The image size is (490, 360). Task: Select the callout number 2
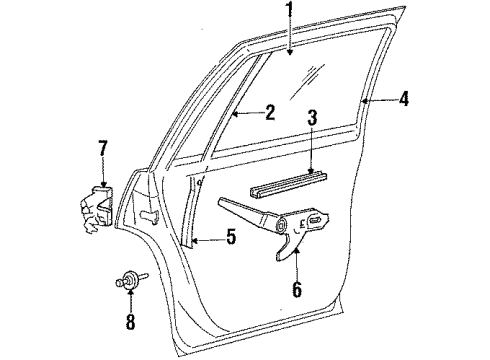pyautogui.click(x=269, y=113)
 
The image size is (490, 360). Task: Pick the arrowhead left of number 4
pyautogui.click(x=365, y=100)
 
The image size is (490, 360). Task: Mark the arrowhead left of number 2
pyautogui.click(x=233, y=114)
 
